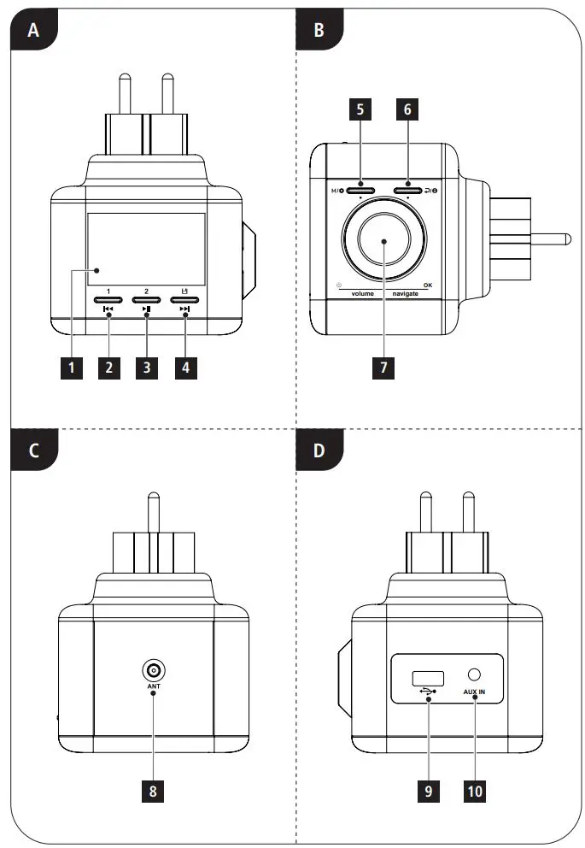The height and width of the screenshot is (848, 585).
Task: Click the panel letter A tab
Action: tap(33, 31)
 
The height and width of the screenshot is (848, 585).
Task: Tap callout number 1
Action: tap(72, 368)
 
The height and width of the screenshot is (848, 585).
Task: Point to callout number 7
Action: tap(384, 368)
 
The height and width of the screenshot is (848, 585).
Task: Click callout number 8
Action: tap(153, 791)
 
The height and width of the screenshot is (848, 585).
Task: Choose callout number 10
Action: tap(475, 791)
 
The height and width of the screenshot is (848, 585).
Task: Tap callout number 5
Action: tap(360, 110)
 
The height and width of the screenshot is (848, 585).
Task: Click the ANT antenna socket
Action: tap(153, 670)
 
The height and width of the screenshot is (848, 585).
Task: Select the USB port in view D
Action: tap(423, 678)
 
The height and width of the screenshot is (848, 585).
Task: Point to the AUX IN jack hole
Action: tap(474, 675)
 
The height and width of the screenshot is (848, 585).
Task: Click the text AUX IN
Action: tap(475, 692)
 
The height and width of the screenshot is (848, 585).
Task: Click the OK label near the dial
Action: tap(427, 284)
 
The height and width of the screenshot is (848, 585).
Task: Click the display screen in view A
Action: tap(146, 248)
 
